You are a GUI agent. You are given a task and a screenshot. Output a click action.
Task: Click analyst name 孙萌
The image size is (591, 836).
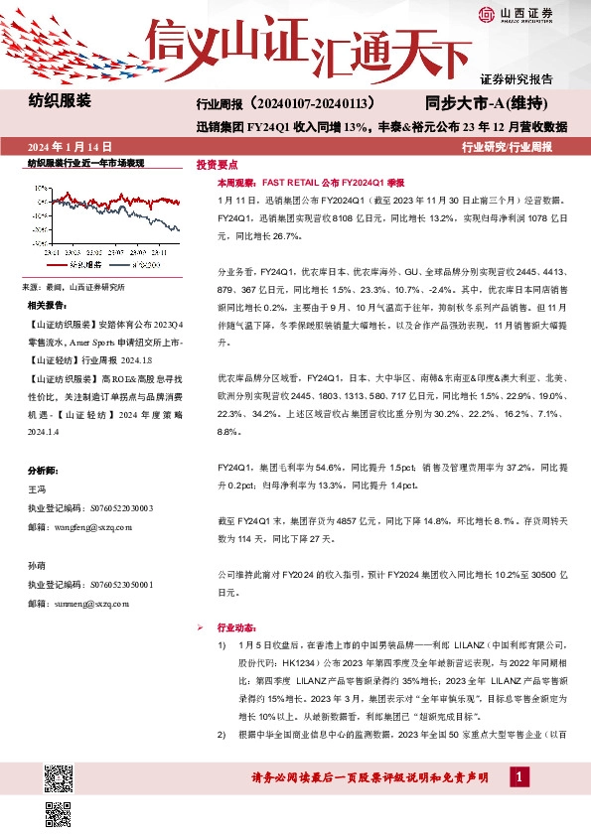pos(37,565)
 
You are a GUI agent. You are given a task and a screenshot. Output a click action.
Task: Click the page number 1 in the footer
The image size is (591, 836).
pos(518,774)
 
